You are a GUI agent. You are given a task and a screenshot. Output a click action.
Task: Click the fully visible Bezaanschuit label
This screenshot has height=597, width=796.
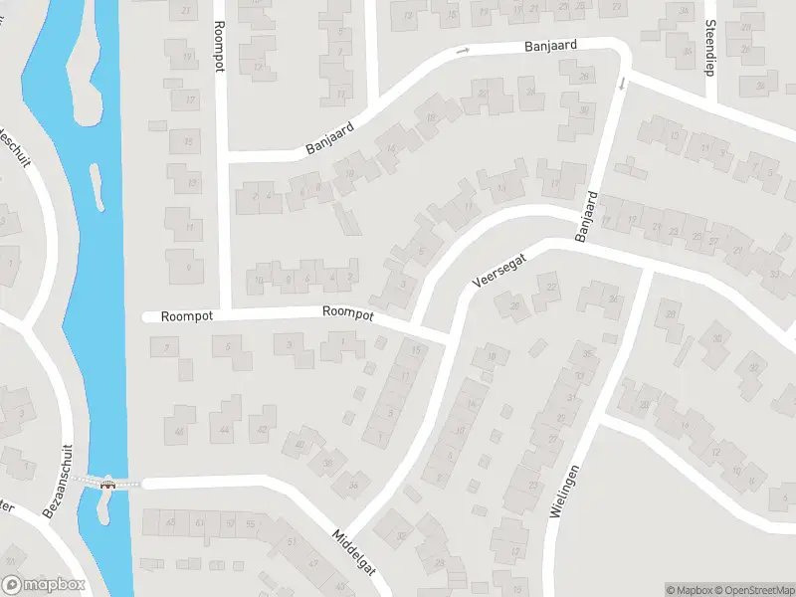click(56, 480)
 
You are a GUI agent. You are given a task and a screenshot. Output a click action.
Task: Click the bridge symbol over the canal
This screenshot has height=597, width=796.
click(107, 484)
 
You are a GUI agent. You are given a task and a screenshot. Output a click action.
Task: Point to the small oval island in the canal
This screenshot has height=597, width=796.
click(97, 187)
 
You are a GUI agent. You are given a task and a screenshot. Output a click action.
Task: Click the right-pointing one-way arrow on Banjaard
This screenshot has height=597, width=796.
click(463, 51)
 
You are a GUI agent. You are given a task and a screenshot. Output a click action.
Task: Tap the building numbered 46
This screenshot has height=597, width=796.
click(180, 431)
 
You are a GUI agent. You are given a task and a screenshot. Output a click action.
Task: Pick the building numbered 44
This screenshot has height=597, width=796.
click(225, 429)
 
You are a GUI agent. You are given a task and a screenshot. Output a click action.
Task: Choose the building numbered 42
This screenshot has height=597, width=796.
click(262, 429)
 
